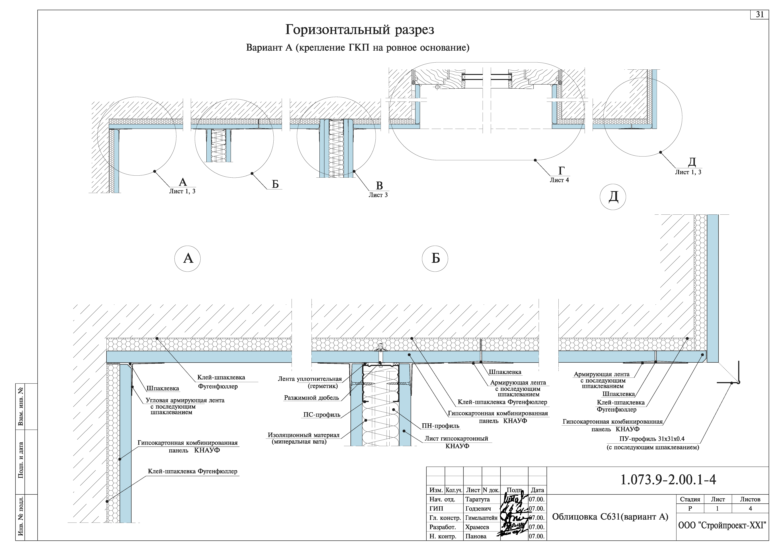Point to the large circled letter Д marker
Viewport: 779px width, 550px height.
(613, 197)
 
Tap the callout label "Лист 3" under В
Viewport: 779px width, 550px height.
(378, 195)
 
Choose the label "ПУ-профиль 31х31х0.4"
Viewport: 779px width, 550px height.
(652, 439)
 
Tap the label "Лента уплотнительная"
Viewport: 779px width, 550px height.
(310, 379)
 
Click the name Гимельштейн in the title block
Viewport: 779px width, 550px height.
(481, 518)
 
